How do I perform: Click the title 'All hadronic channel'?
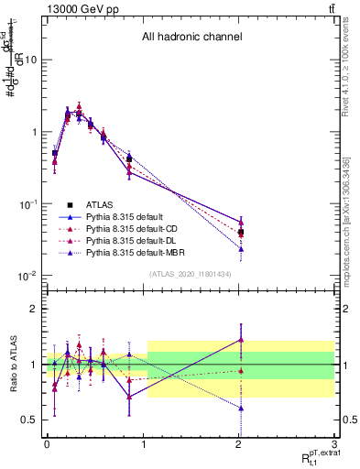click(x=191, y=38)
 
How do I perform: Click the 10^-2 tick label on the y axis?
click(x=27, y=276)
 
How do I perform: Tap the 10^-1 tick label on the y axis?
click(x=27, y=203)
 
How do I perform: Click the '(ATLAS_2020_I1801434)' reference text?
click(x=191, y=275)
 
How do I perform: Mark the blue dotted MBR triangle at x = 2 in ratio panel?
click(x=241, y=409)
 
